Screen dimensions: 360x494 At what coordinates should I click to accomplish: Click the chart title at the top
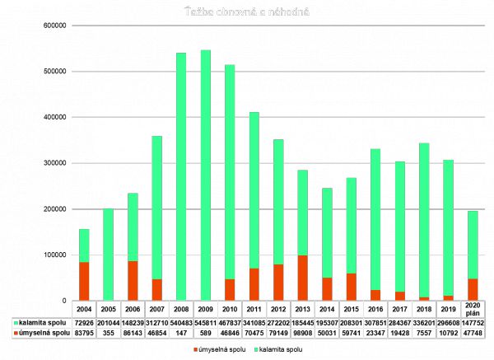pos(246,11)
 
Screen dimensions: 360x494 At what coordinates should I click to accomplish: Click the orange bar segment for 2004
pos(84,281)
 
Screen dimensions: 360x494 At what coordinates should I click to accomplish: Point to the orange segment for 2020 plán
pos(472,289)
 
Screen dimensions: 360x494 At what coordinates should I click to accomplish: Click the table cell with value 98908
pos(302,333)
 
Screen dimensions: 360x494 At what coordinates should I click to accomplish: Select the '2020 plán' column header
pos(472,309)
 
